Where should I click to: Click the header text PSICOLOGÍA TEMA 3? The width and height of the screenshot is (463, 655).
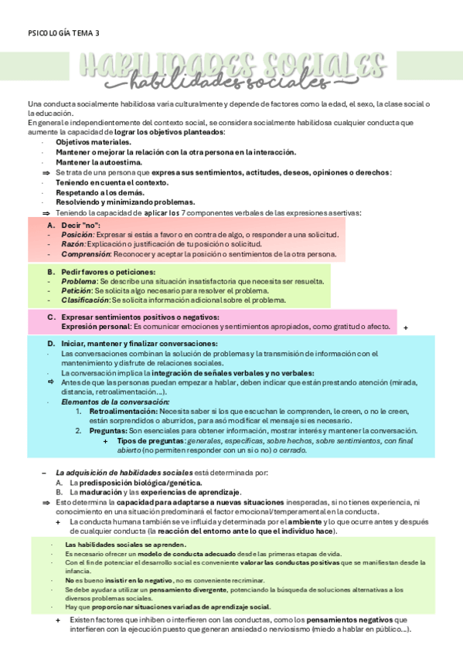[63, 33]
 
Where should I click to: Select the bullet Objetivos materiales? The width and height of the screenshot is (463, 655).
[94, 142]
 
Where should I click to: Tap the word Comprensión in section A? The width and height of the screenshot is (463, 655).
[86, 253]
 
